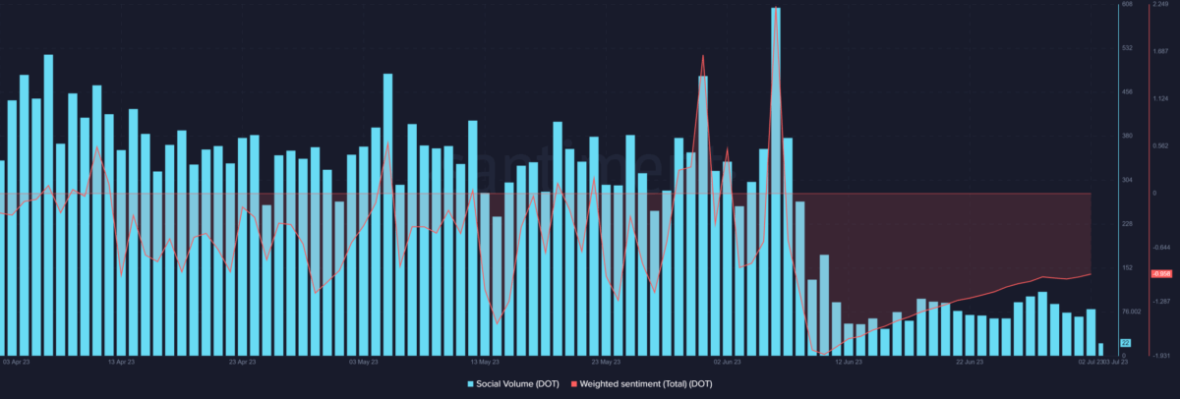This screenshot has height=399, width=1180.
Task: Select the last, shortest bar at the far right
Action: [1100, 349]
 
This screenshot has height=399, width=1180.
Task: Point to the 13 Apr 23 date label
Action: [120, 362]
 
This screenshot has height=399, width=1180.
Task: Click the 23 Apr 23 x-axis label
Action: [242, 362]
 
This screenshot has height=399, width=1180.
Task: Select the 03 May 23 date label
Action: [364, 362]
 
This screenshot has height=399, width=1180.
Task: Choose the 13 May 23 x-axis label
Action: [486, 362]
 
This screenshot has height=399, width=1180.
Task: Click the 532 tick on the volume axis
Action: [1127, 48]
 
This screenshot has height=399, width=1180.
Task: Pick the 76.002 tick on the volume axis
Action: [1131, 312]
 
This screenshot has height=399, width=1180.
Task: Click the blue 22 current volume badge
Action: [1126, 342]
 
